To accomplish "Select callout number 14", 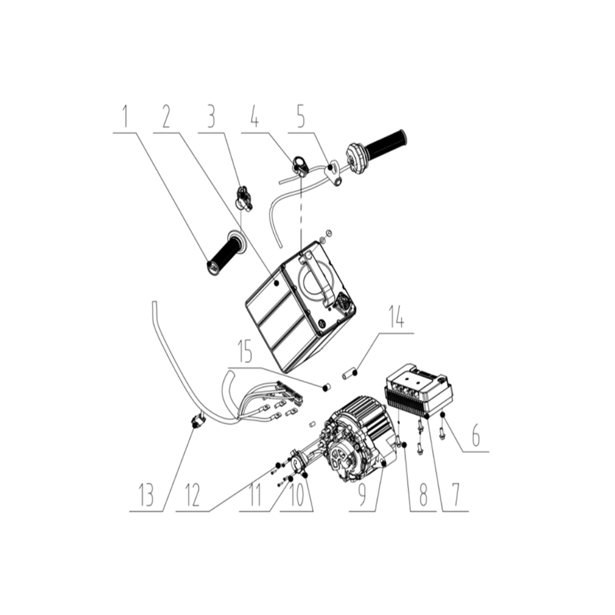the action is coord(397,316).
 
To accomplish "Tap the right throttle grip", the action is coord(376,152).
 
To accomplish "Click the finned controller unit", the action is coord(419,391).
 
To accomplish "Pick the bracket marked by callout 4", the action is coord(300,166).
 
